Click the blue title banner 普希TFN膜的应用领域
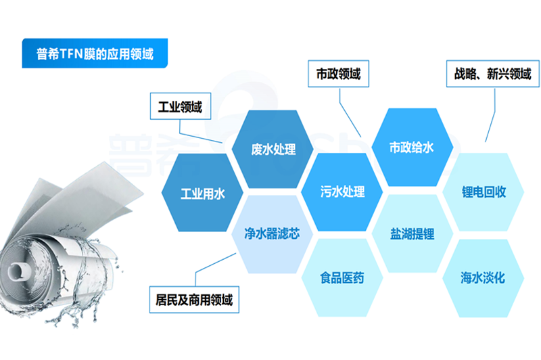click(x=95, y=53)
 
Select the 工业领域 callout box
click(x=181, y=106)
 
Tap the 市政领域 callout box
click(x=339, y=74)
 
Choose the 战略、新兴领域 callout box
click(x=493, y=74)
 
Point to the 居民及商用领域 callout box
click(x=194, y=300)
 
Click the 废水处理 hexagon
click(x=273, y=149)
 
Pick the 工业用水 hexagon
click(x=202, y=193)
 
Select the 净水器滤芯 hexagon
click(x=273, y=234)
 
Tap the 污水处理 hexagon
click(x=342, y=192)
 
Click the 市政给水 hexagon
click(x=412, y=148)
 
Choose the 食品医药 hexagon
click(x=342, y=277)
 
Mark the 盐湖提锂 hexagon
click(x=413, y=233)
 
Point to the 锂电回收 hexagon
click(x=484, y=192)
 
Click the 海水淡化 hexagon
click(x=483, y=278)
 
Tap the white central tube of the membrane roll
click(x=18, y=269)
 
